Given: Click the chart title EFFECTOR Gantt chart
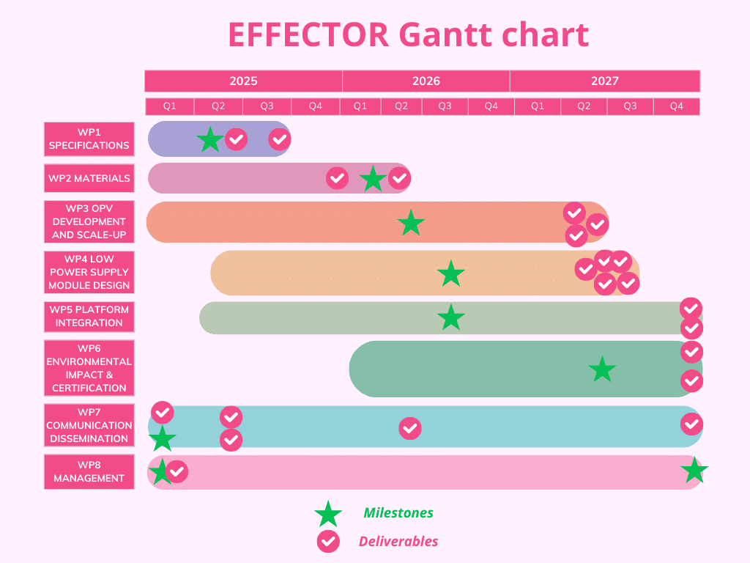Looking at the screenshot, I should [x=409, y=34].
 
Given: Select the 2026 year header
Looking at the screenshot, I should [x=426, y=81].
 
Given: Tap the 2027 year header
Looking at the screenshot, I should [x=605, y=81].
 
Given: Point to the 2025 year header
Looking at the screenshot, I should [x=243, y=81].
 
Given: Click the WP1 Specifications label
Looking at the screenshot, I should [x=89, y=139].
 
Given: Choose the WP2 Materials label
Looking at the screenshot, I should [x=89, y=178].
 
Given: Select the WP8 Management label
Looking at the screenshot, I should [x=89, y=471].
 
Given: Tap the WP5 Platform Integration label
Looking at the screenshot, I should [x=89, y=316].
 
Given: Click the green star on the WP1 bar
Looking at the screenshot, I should [x=210, y=139].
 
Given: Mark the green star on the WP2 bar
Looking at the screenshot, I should [x=373, y=179].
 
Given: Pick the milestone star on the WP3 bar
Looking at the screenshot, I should [x=411, y=223].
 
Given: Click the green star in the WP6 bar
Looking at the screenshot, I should [x=602, y=369].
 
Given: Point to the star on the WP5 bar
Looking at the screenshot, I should [x=451, y=317].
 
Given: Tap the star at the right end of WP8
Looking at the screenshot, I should [x=694, y=471].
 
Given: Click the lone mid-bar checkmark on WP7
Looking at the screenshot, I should [x=410, y=428].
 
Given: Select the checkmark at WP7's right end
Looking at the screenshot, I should [x=691, y=424].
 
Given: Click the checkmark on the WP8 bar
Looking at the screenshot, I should [x=177, y=471].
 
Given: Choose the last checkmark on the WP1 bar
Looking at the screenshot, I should [x=279, y=139].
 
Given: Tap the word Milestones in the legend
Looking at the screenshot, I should [x=398, y=513].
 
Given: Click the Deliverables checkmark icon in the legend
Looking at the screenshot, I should [x=328, y=542].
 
